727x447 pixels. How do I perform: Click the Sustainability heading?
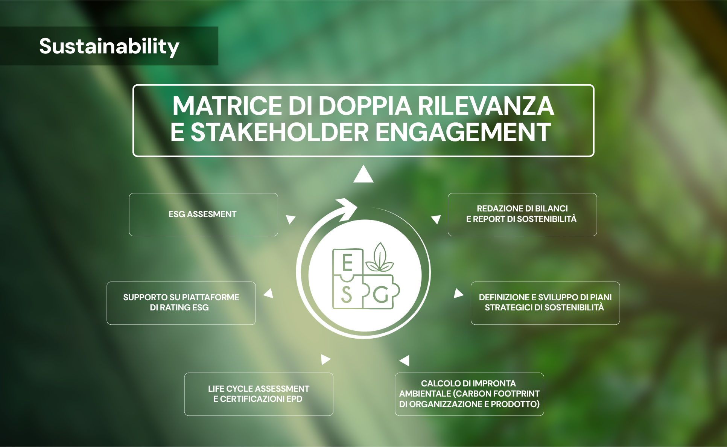click(109, 46)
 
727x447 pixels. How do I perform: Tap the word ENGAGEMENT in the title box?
click(463, 132)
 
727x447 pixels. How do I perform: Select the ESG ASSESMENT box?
click(203, 214)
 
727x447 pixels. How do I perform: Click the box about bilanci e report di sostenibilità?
click(522, 214)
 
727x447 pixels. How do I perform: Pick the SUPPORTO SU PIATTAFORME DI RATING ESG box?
click(181, 303)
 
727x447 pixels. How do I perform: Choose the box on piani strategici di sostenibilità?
click(545, 303)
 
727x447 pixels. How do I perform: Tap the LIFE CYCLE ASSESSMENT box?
click(259, 394)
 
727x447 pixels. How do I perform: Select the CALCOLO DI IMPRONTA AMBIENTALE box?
click(469, 394)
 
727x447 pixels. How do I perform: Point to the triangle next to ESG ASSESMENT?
click(290, 219)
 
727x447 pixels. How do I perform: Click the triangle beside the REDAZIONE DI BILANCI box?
click(436, 219)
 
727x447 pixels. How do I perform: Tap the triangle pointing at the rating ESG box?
click(269, 293)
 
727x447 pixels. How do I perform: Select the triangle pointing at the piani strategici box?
click(458, 293)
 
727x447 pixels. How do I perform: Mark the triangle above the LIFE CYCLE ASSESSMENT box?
click(325, 359)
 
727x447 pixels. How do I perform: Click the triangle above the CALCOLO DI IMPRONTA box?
click(405, 360)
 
